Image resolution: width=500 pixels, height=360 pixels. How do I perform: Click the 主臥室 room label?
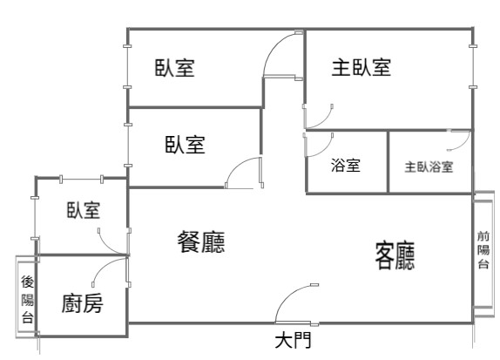click(361, 67)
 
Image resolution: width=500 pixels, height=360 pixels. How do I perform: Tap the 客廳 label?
click(395, 256)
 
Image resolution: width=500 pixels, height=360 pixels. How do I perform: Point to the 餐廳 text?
click(201, 242)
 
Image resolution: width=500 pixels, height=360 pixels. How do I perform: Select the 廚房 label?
click(82, 303)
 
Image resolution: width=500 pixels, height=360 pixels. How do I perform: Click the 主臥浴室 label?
click(429, 166)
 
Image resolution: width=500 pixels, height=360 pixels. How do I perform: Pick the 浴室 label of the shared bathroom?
click(346, 165)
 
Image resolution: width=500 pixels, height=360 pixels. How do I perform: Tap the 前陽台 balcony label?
click(483, 250)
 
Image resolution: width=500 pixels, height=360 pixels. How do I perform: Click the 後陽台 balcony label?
click(27, 299)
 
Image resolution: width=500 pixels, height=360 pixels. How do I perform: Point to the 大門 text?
click(293, 340)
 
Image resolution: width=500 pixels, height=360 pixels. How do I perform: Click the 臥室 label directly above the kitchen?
click(84, 210)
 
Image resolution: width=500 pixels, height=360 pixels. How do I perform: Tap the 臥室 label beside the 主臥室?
click(175, 68)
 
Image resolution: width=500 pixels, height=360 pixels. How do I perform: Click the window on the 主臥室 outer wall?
click(473, 66)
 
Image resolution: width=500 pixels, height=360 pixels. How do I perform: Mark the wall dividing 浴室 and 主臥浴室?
click(389, 162)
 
